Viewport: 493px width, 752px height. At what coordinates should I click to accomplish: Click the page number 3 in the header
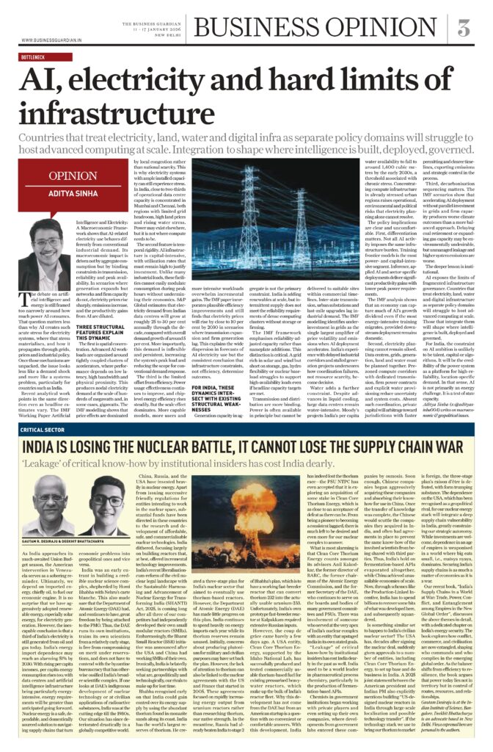(464, 29)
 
